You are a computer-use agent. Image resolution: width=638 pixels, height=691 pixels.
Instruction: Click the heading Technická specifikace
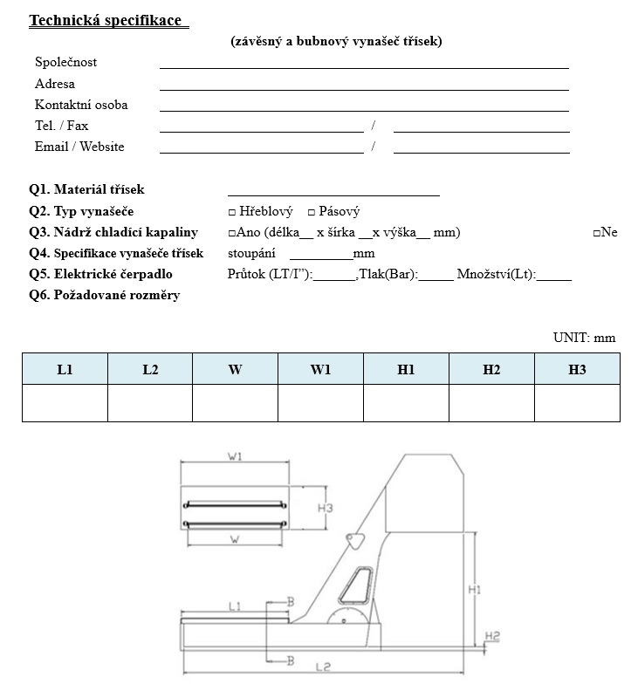(106, 20)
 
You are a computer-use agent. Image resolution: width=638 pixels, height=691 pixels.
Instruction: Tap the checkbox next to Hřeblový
(232, 212)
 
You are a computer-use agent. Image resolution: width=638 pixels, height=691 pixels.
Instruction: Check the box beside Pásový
(312, 212)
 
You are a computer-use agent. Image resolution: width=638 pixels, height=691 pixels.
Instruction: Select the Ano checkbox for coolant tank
(231, 233)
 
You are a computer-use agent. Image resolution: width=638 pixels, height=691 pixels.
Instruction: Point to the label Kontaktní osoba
(81, 105)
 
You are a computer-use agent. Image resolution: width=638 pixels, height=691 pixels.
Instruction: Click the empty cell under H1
(406, 403)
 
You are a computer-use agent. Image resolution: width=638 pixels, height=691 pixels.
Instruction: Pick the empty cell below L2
(150, 403)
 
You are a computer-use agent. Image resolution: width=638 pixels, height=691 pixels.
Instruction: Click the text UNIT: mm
(584, 338)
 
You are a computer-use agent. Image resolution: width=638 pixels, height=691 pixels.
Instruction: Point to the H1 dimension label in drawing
(475, 590)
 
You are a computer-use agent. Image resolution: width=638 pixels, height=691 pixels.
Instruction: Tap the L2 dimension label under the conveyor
(322, 667)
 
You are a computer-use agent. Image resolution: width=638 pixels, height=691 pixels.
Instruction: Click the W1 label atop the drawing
(236, 455)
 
